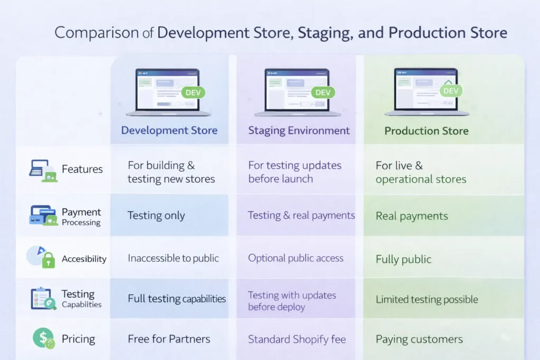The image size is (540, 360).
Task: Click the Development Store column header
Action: click(x=169, y=130)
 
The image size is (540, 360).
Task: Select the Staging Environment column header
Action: click(x=299, y=131)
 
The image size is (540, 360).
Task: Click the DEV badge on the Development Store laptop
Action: click(x=193, y=93)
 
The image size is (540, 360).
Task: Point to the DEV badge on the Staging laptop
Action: click(x=323, y=93)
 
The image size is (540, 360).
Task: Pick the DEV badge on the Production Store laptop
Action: click(x=451, y=91)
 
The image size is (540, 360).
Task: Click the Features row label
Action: click(x=82, y=169)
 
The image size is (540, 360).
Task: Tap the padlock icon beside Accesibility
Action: click(x=49, y=260)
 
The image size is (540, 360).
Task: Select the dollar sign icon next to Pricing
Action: click(x=43, y=338)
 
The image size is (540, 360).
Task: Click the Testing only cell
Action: click(x=156, y=216)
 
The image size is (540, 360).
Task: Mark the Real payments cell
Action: click(x=412, y=216)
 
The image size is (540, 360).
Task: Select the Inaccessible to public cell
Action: click(x=173, y=258)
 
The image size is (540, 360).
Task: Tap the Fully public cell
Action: click(x=403, y=259)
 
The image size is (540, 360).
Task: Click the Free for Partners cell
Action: click(x=169, y=339)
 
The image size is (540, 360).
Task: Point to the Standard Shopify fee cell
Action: click(x=297, y=339)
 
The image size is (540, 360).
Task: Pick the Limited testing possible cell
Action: click(x=427, y=299)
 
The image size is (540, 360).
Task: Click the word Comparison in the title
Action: click(x=97, y=33)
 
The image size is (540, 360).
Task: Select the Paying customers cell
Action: click(x=419, y=339)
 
